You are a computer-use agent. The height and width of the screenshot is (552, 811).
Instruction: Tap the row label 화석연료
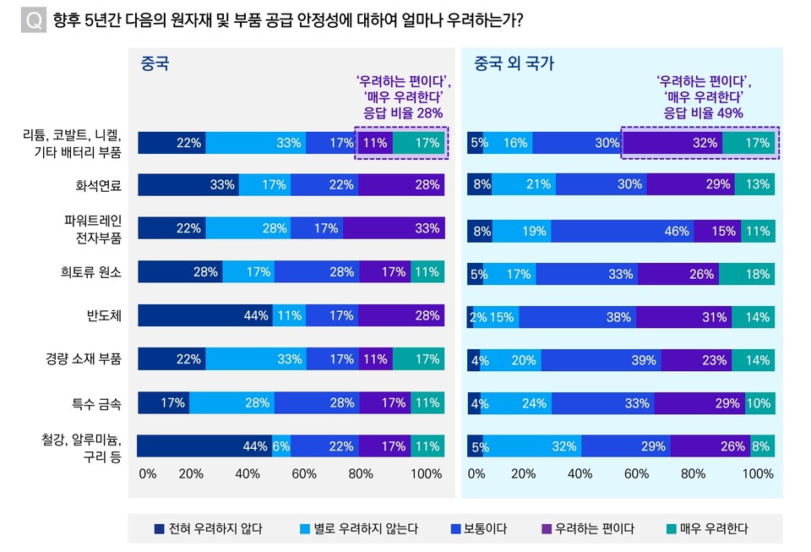(x=99, y=185)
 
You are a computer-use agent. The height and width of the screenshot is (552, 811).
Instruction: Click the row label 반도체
(x=105, y=316)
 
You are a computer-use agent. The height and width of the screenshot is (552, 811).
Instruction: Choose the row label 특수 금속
(x=98, y=403)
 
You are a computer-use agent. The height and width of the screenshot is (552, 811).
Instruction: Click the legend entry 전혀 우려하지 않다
(x=207, y=529)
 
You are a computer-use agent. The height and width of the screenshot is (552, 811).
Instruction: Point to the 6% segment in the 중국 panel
(x=281, y=446)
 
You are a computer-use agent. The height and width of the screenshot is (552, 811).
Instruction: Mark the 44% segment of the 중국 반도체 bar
(x=204, y=315)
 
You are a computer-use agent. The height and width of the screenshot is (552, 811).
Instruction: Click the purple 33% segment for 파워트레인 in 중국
(x=394, y=228)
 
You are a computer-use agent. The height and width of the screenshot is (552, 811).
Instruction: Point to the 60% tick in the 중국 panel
(x=303, y=474)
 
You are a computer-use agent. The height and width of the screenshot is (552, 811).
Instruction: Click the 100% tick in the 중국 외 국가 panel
(x=757, y=474)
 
